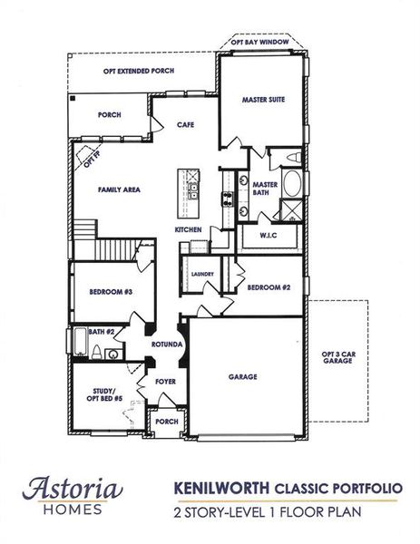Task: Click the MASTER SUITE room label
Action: coord(263,100)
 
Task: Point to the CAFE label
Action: coord(186,124)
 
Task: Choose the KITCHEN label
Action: coord(189,230)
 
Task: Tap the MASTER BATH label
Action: coord(265,189)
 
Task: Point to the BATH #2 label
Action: coord(101,333)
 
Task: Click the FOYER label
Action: coord(165,382)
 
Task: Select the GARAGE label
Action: coord(242,376)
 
